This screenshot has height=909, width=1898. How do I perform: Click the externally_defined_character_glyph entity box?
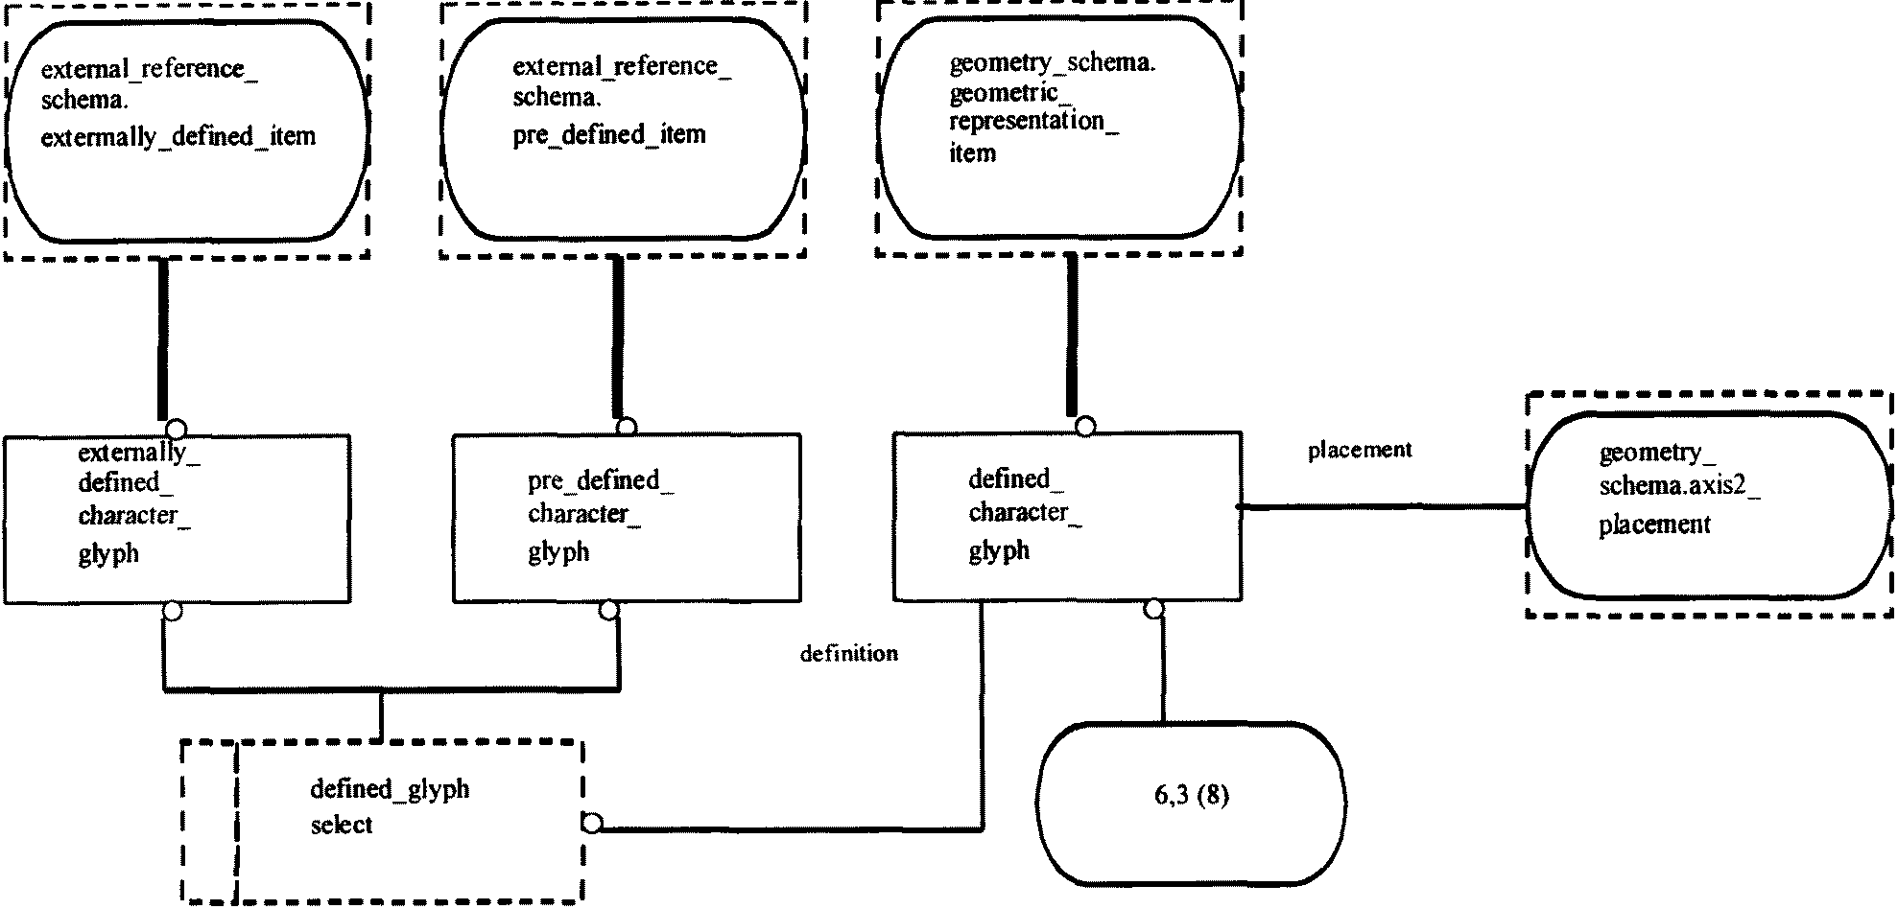coord(177,519)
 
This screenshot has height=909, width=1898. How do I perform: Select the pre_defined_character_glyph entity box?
coord(626,519)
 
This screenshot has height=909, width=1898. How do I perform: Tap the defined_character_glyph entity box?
coord(1066,517)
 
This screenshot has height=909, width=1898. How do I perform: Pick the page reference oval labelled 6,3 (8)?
coord(1192,803)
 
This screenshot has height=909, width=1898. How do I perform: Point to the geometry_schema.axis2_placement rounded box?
coord(1709,504)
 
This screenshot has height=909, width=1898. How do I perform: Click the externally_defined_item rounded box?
coord(186,130)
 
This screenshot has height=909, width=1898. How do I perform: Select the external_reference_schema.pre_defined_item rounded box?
coord(622,130)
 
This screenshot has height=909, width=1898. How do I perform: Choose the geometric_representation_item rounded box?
coord(1059,128)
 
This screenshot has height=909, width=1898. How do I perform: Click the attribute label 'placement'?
coord(1360,450)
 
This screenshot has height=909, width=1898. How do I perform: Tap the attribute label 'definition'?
coord(848,654)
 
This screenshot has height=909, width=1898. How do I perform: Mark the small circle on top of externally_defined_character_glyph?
coord(177,429)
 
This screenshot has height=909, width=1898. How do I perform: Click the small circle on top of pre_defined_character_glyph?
coord(627,427)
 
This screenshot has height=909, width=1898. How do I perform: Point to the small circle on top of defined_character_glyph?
coord(1085,426)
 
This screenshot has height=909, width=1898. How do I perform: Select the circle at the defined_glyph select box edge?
coord(592,823)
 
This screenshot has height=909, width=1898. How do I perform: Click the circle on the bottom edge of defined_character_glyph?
coord(1153,609)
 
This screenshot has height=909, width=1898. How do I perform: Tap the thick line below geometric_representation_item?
coord(1072,336)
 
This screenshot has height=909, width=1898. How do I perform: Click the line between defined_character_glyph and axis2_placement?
coord(1382,506)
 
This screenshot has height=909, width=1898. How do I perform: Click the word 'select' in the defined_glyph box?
coord(342,826)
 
